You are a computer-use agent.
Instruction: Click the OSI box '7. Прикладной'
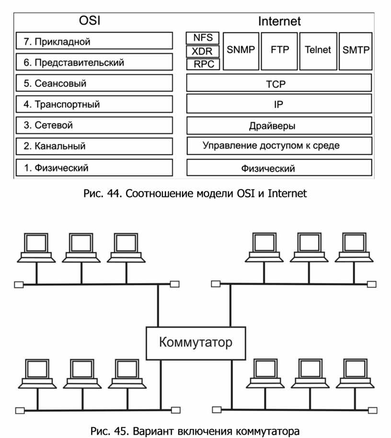coord(94,41)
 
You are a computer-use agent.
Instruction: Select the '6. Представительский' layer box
coord(94,62)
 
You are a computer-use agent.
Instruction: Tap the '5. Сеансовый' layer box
coord(94,83)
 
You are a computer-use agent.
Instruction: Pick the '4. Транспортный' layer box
coord(94,104)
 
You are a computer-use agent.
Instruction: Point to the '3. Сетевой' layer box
coord(94,125)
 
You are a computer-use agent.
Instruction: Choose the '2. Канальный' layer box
coord(94,146)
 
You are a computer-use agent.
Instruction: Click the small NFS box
coord(203,38)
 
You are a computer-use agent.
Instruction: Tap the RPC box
coord(203,64)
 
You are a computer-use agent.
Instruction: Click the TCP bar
coord(279,83)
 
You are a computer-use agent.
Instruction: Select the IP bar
coord(279,104)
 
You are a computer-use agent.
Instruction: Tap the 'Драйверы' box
coord(279,125)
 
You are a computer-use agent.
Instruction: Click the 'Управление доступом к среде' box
coord(279,146)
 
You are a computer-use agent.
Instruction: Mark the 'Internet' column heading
coord(279,21)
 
